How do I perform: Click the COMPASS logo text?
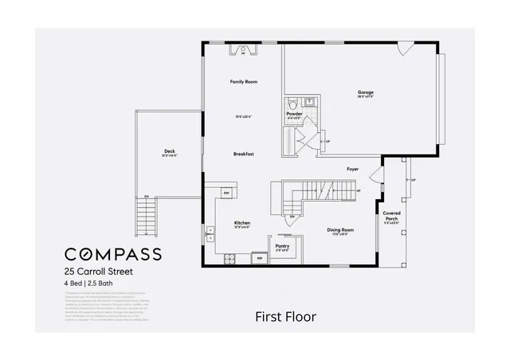pyautogui.click(x=112, y=254)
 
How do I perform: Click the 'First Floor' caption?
pyautogui.click(x=285, y=316)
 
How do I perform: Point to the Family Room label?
pyautogui.click(x=243, y=82)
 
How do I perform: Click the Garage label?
pyautogui.click(x=366, y=92)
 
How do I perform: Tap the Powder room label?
pyautogui.click(x=294, y=114)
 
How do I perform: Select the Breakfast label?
pyautogui.click(x=243, y=154)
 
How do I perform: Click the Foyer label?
pyautogui.click(x=352, y=170)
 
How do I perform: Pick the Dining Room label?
pyautogui.click(x=340, y=229)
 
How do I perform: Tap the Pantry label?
pyautogui.click(x=282, y=246)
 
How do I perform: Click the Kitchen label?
pyautogui.click(x=242, y=223)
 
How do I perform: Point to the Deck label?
pyautogui.click(x=169, y=151)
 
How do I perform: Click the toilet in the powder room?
pyautogui.click(x=293, y=104)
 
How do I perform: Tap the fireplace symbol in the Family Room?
pyautogui.click(x=243, y=51)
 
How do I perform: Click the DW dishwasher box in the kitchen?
pyautogui.click(x=226, y=193)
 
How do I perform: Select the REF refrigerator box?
pyautogui.click(x=258, y=258)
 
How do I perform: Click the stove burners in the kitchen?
pyautogui.click(x=229, y=258)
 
